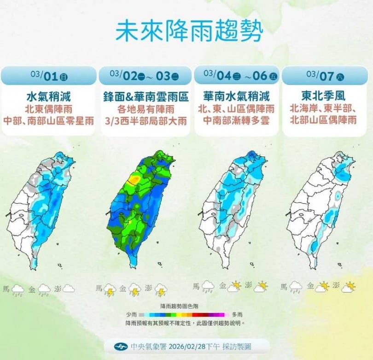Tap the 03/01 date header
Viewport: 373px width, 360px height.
pyautogui.click(x=49, y=74)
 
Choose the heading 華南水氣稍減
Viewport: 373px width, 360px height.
pyautogui.click(x=236, y=97)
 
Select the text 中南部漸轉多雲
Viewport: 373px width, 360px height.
pyautogui.click(x=236, y=121)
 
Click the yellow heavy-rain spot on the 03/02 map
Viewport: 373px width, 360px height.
pyautogui.click(x=134, y=178)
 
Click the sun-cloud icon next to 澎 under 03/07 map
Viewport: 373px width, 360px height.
pyautogui.click(x=349, y=288)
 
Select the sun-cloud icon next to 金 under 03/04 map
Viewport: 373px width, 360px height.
pyautogui.click(x=234, y=288)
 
